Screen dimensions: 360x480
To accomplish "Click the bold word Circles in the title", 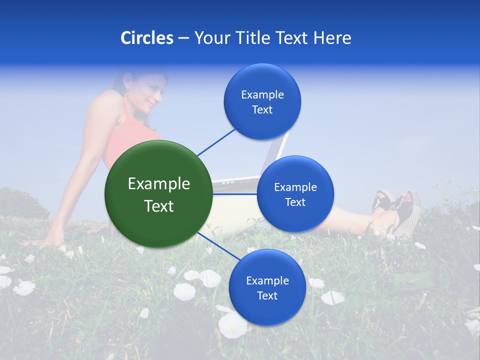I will (147, 38).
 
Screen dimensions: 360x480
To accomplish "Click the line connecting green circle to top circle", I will (216, 141).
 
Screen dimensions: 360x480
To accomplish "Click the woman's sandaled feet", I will (397, 210).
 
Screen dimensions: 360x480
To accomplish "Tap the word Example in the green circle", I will (158, 184).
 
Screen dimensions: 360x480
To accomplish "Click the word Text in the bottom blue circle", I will (267, 295).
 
